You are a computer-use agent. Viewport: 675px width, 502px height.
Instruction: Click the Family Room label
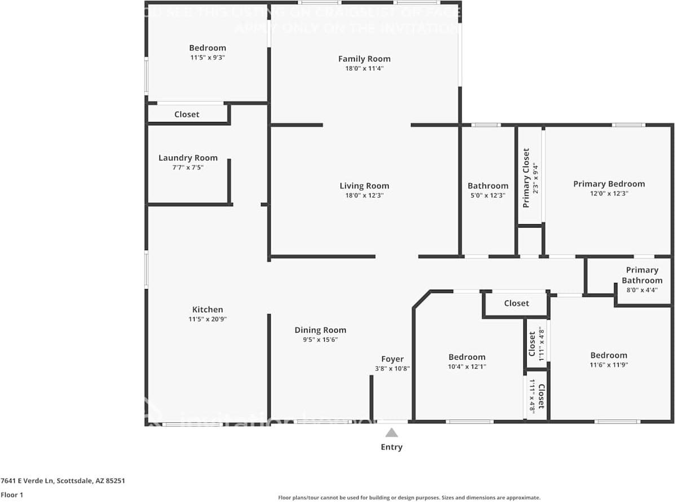(364, 59)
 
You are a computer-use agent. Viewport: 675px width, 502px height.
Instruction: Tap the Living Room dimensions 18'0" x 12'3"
(364, 195)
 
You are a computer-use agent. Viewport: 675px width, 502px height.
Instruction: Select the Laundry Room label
(188, 158)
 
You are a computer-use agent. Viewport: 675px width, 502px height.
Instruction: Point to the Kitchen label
(208, 309)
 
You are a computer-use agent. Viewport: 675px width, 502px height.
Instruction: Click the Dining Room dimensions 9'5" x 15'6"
(320, 339)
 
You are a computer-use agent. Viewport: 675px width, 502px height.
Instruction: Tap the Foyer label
(392, 359)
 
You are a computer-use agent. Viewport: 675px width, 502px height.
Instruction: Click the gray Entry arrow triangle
(391, 433)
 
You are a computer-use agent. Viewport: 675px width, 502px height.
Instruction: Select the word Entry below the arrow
(391, 447)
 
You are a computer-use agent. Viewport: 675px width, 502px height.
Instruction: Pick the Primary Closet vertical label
(526, 178)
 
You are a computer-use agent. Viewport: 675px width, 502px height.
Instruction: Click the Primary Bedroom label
(608, 184)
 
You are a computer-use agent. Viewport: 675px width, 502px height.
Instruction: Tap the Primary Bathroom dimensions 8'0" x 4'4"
(642, 290)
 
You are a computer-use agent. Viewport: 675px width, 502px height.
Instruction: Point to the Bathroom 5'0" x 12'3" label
(488, 186)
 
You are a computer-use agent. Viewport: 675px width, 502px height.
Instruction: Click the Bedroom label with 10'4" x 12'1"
(467, 357)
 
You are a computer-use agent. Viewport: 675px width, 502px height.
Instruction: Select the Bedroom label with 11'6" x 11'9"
(608, 355)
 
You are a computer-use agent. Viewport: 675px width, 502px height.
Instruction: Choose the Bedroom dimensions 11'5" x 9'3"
(208, 57)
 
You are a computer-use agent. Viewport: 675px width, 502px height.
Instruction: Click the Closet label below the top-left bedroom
(187, 114)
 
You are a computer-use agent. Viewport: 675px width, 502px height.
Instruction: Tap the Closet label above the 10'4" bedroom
(516, 303)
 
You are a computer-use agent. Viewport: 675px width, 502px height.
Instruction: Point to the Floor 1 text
(11, 495)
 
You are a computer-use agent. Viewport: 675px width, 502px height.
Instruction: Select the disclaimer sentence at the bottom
(409, 497)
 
